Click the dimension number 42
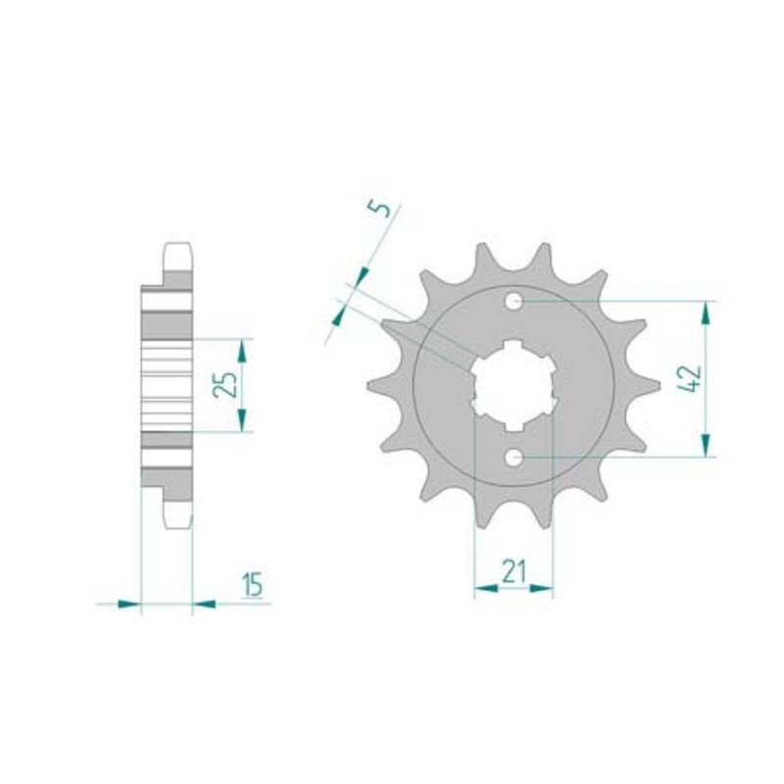(x=692, y=379)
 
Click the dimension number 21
(x=514, y=572)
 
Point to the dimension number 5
(x=381, y=208)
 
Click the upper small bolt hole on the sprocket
(x=514, y=302)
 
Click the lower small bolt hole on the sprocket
(x=514, y=457)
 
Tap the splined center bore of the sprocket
(x=514, y=384)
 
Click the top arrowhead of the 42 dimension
(x=706, y=314)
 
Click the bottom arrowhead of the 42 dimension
(x=706, y=445)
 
